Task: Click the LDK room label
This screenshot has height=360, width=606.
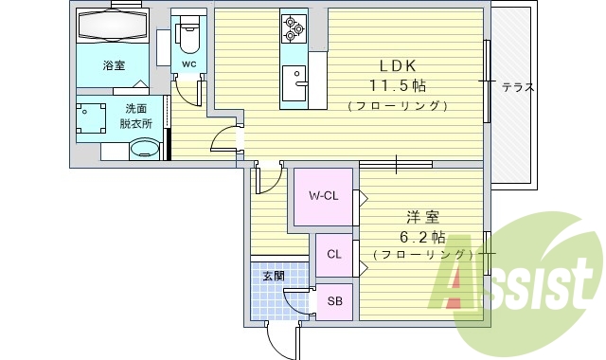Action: (397, 65)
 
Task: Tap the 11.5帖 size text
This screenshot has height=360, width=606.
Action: (397, 85)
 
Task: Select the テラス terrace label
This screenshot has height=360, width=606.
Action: (518, 87)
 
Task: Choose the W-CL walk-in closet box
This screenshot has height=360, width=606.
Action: (324, 197)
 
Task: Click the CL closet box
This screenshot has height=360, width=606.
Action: (333, 254)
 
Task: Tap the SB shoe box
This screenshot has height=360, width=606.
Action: (333, 301)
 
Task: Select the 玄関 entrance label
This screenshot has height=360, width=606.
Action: (273, 276)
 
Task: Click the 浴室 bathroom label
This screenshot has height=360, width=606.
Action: (113, 64)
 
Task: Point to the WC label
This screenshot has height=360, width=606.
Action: (188, 64)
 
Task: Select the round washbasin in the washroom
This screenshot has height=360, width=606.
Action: (145, 149)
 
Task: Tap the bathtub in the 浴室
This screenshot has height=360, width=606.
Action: (113, 27)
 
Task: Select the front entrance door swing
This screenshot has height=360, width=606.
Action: (281, 336)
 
